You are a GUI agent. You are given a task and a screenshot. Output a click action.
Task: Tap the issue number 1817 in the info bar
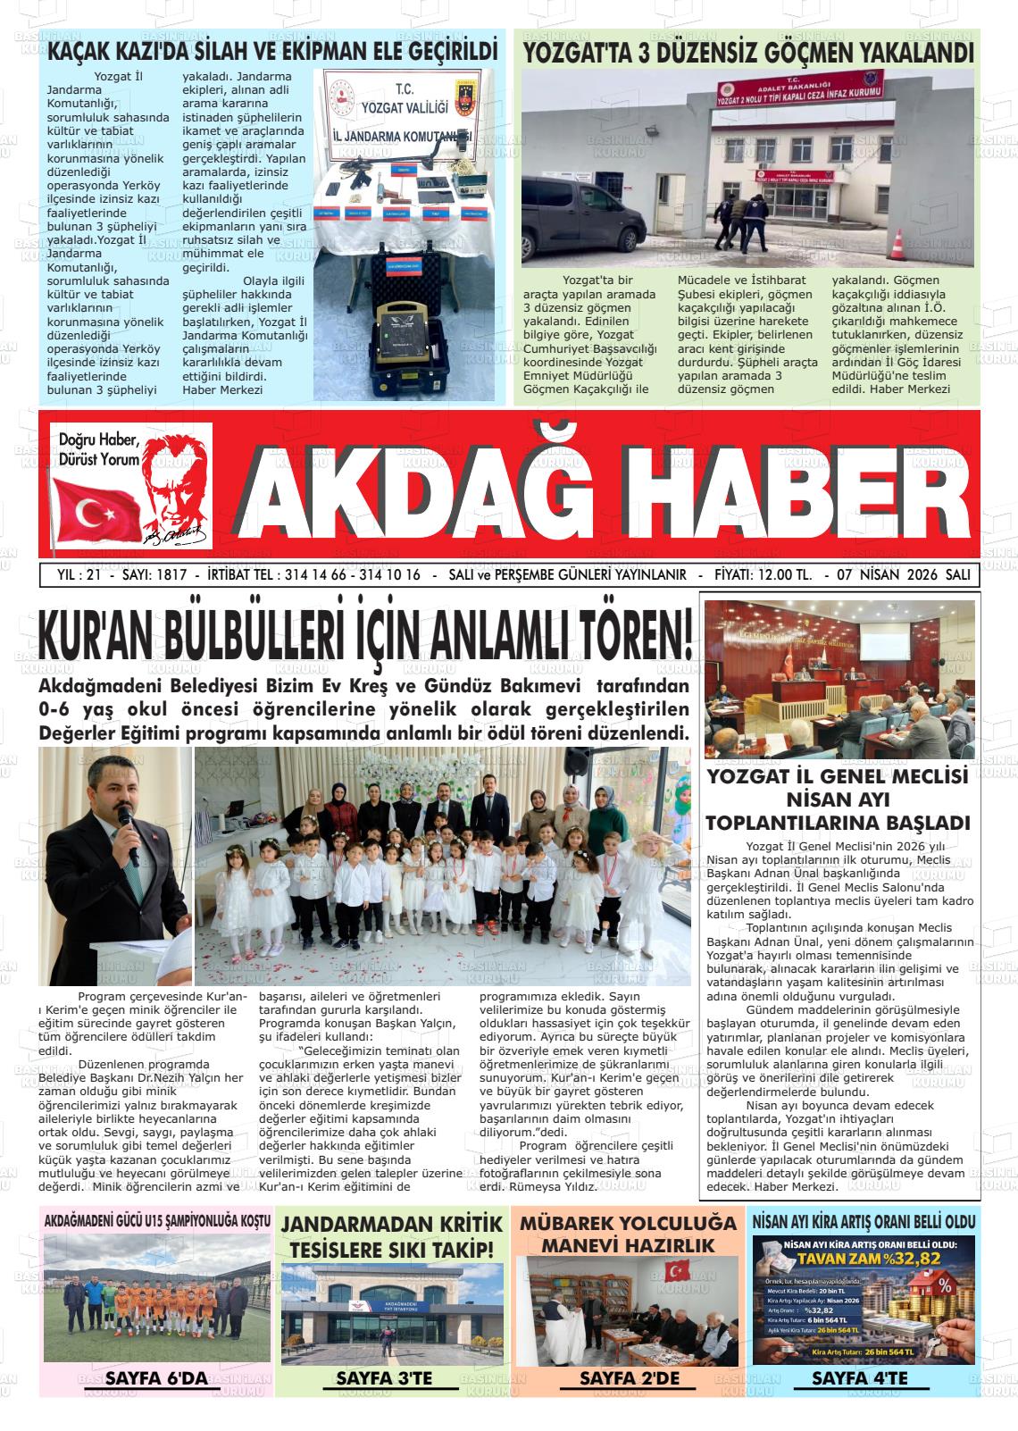170,575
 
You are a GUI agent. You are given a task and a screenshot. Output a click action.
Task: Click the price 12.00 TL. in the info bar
776,575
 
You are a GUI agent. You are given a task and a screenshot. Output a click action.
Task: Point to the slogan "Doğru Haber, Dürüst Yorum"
99,449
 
